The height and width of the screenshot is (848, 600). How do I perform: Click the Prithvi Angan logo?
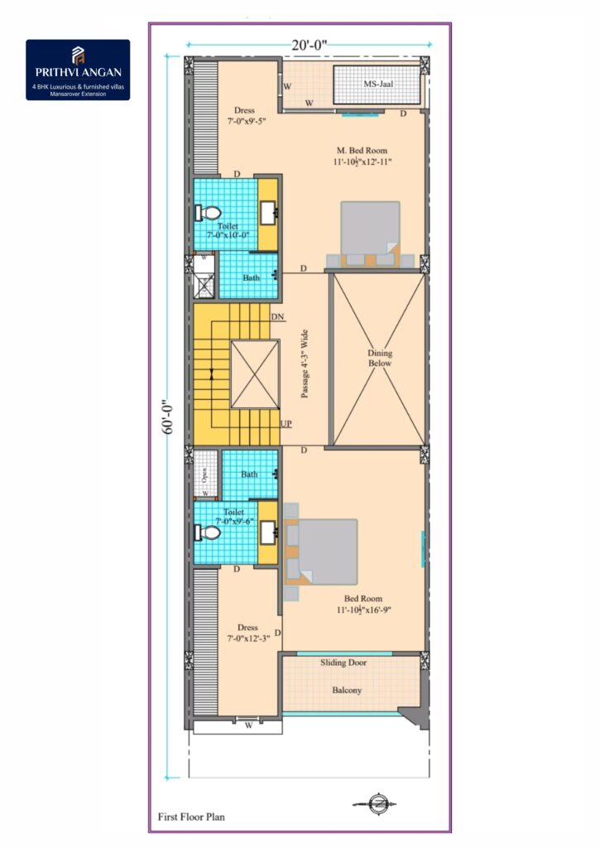(78, 70)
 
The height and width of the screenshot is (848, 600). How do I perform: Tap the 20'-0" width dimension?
(310, 45)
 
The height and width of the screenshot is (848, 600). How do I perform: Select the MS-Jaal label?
(378, 84)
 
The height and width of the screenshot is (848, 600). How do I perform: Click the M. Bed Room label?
(362, 151)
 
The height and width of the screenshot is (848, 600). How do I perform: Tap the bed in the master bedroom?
(370, 234)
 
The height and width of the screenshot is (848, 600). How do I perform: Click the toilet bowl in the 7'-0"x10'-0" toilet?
(208, 212)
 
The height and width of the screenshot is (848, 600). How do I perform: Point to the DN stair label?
(277, 317)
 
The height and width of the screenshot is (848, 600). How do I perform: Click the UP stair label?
(286, 423)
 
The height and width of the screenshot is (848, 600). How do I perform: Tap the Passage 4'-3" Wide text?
(305, 364)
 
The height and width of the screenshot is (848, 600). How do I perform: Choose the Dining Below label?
(380, 358)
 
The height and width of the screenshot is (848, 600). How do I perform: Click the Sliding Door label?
(343, 662)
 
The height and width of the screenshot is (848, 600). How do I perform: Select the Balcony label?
(347, 690)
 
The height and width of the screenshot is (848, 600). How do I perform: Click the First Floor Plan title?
(191, 817)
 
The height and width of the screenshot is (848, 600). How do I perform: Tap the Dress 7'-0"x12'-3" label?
(247, 634)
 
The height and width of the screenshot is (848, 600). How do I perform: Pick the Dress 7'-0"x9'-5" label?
(246, 116)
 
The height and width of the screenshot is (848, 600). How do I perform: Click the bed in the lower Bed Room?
(321, 552)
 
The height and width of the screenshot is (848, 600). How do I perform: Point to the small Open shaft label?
(204, 475)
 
